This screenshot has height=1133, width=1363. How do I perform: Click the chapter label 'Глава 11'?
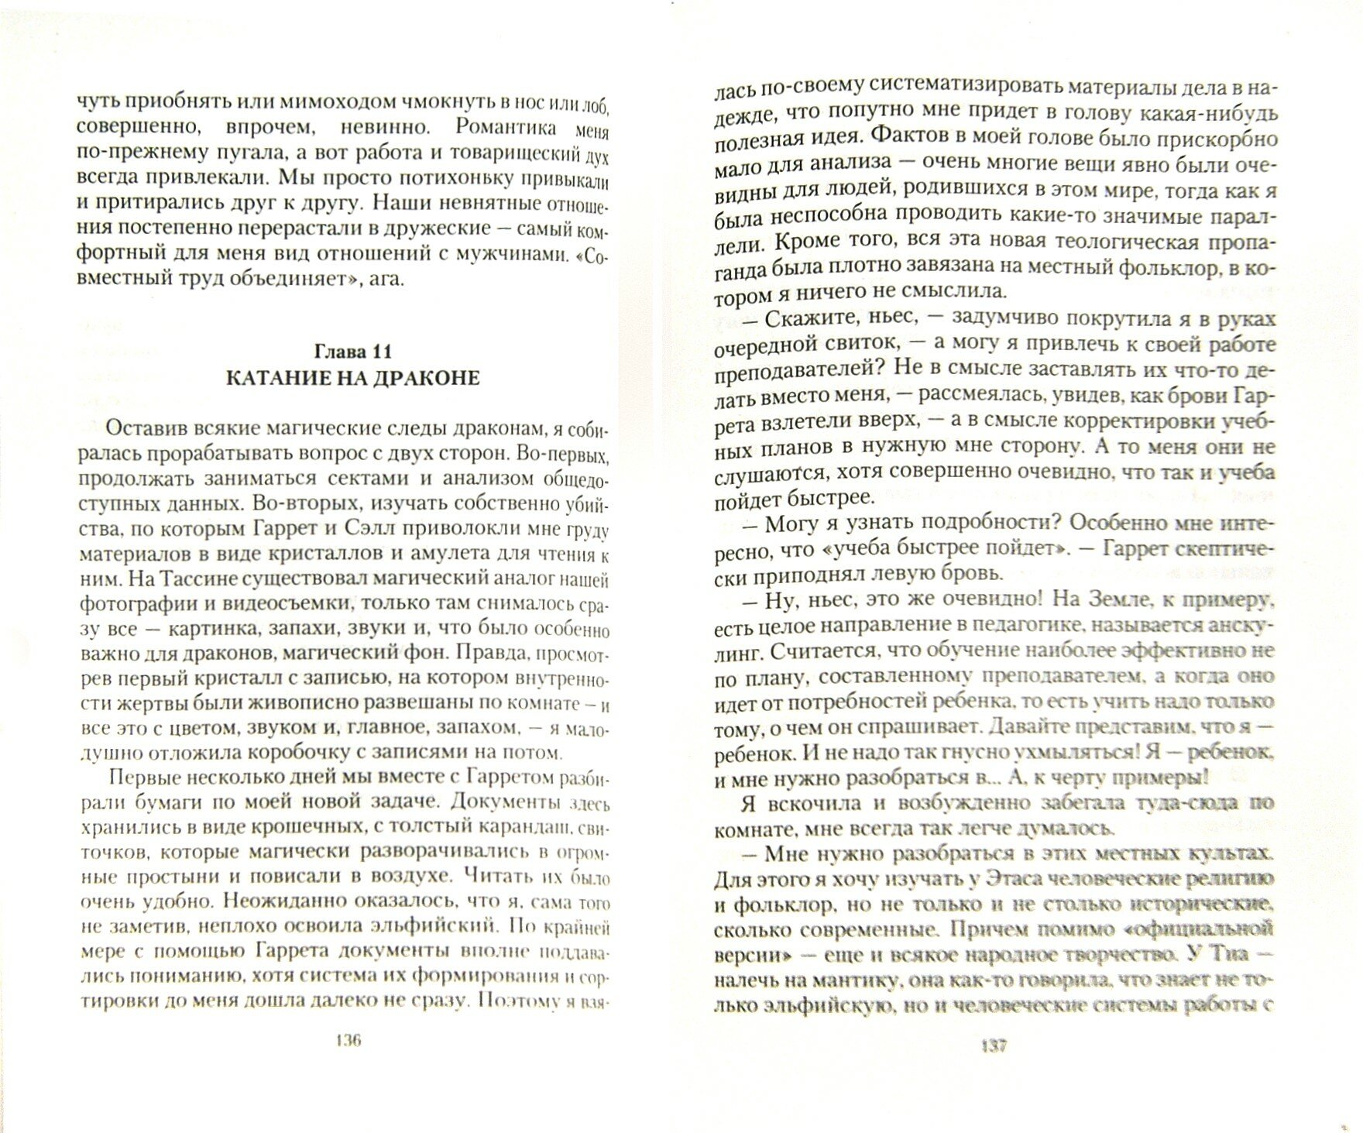click(352, 352)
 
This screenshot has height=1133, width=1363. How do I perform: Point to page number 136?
click(347, 1040)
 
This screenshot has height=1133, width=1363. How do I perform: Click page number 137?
click(994, 1045)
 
